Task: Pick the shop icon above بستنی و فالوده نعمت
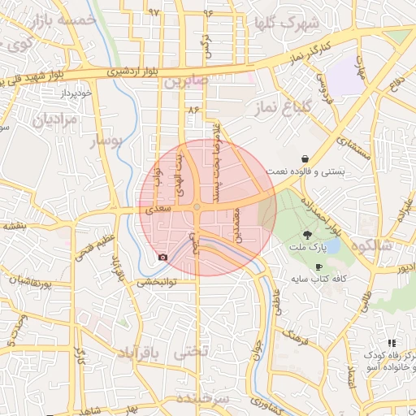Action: [304, 158]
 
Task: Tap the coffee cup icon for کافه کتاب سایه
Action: [318, 266]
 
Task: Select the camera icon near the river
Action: [162, 258]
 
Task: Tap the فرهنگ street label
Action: [293, 335]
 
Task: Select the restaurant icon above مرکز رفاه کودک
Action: [392, 344]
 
